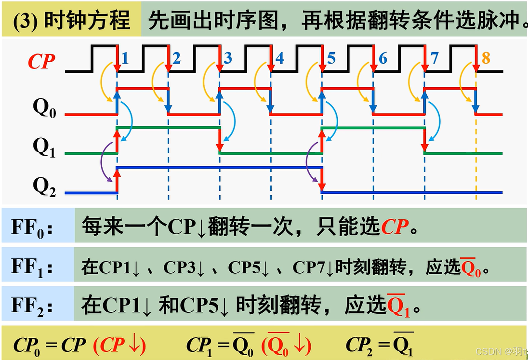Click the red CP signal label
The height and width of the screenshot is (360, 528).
[x=41, y=62]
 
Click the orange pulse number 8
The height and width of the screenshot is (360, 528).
[x=486, y=58]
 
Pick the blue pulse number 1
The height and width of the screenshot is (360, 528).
[x=125, y=58]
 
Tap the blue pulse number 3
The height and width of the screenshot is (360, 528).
[x=228, y=58]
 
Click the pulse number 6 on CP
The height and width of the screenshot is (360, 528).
[x=383, y=58]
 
